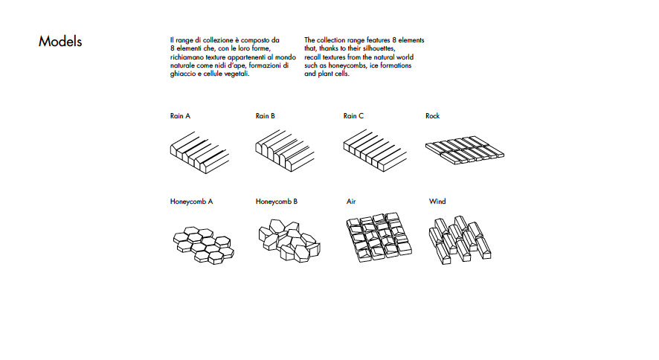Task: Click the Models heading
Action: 60,42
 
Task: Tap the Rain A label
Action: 180,116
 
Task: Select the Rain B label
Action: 266,116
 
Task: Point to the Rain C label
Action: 353,116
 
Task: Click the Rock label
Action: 433,116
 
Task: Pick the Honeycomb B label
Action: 277,202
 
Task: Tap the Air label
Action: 351,202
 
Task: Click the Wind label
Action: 437,202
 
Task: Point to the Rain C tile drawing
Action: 372,152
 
